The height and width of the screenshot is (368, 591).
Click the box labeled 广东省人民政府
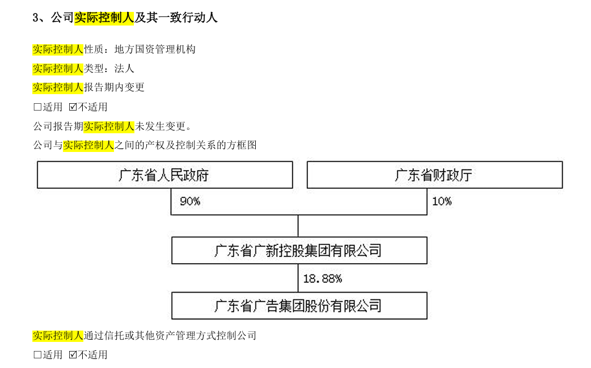pos(164,175)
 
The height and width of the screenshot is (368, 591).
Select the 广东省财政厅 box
pos(434,175)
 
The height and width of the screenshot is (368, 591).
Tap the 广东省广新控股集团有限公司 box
pos(299,250)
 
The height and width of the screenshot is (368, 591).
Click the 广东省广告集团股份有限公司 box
pos(299,306)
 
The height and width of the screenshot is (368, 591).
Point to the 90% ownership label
pos(189,201)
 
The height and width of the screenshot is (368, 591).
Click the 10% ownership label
pos(442,201)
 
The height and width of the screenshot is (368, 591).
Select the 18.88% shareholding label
pos(322,278)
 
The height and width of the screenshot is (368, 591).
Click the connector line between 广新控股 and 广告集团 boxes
pos(298,278)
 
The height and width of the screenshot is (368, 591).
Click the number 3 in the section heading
pos(36,18)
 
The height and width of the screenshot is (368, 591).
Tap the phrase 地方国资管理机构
pos(155,49)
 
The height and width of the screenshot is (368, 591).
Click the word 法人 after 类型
pos(124,69)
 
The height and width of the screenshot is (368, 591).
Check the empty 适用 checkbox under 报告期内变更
pos(37,107)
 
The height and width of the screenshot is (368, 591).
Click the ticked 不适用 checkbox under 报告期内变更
pos(73,107)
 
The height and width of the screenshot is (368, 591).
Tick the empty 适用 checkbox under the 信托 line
pos(37,355)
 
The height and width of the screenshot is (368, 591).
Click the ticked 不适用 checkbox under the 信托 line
pos(73,355)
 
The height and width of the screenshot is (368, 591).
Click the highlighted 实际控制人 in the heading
pos(104,18)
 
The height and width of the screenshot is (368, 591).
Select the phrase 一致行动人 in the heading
pos(192,18)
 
